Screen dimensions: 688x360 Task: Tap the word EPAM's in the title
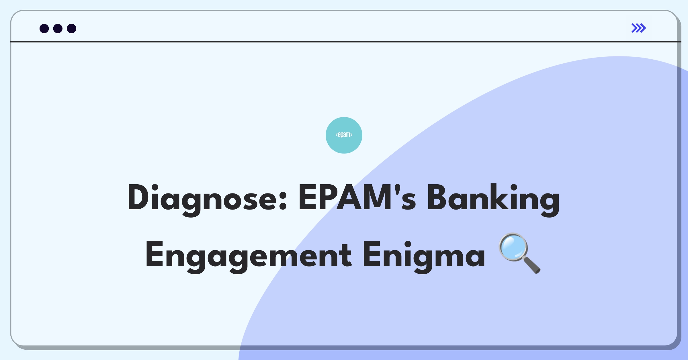click(x=357, y=198)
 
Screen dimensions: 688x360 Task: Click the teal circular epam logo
click(x=344, y=135)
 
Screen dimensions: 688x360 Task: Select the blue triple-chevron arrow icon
click(x=638, y=28)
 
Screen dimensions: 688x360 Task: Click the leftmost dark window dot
click(x=44, y=28)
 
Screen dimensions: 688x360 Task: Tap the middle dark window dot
click(x=58, y=28)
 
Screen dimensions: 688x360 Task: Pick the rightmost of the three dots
click(x=71, y=28)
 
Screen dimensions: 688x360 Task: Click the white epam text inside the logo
click(x=344, y=135)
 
